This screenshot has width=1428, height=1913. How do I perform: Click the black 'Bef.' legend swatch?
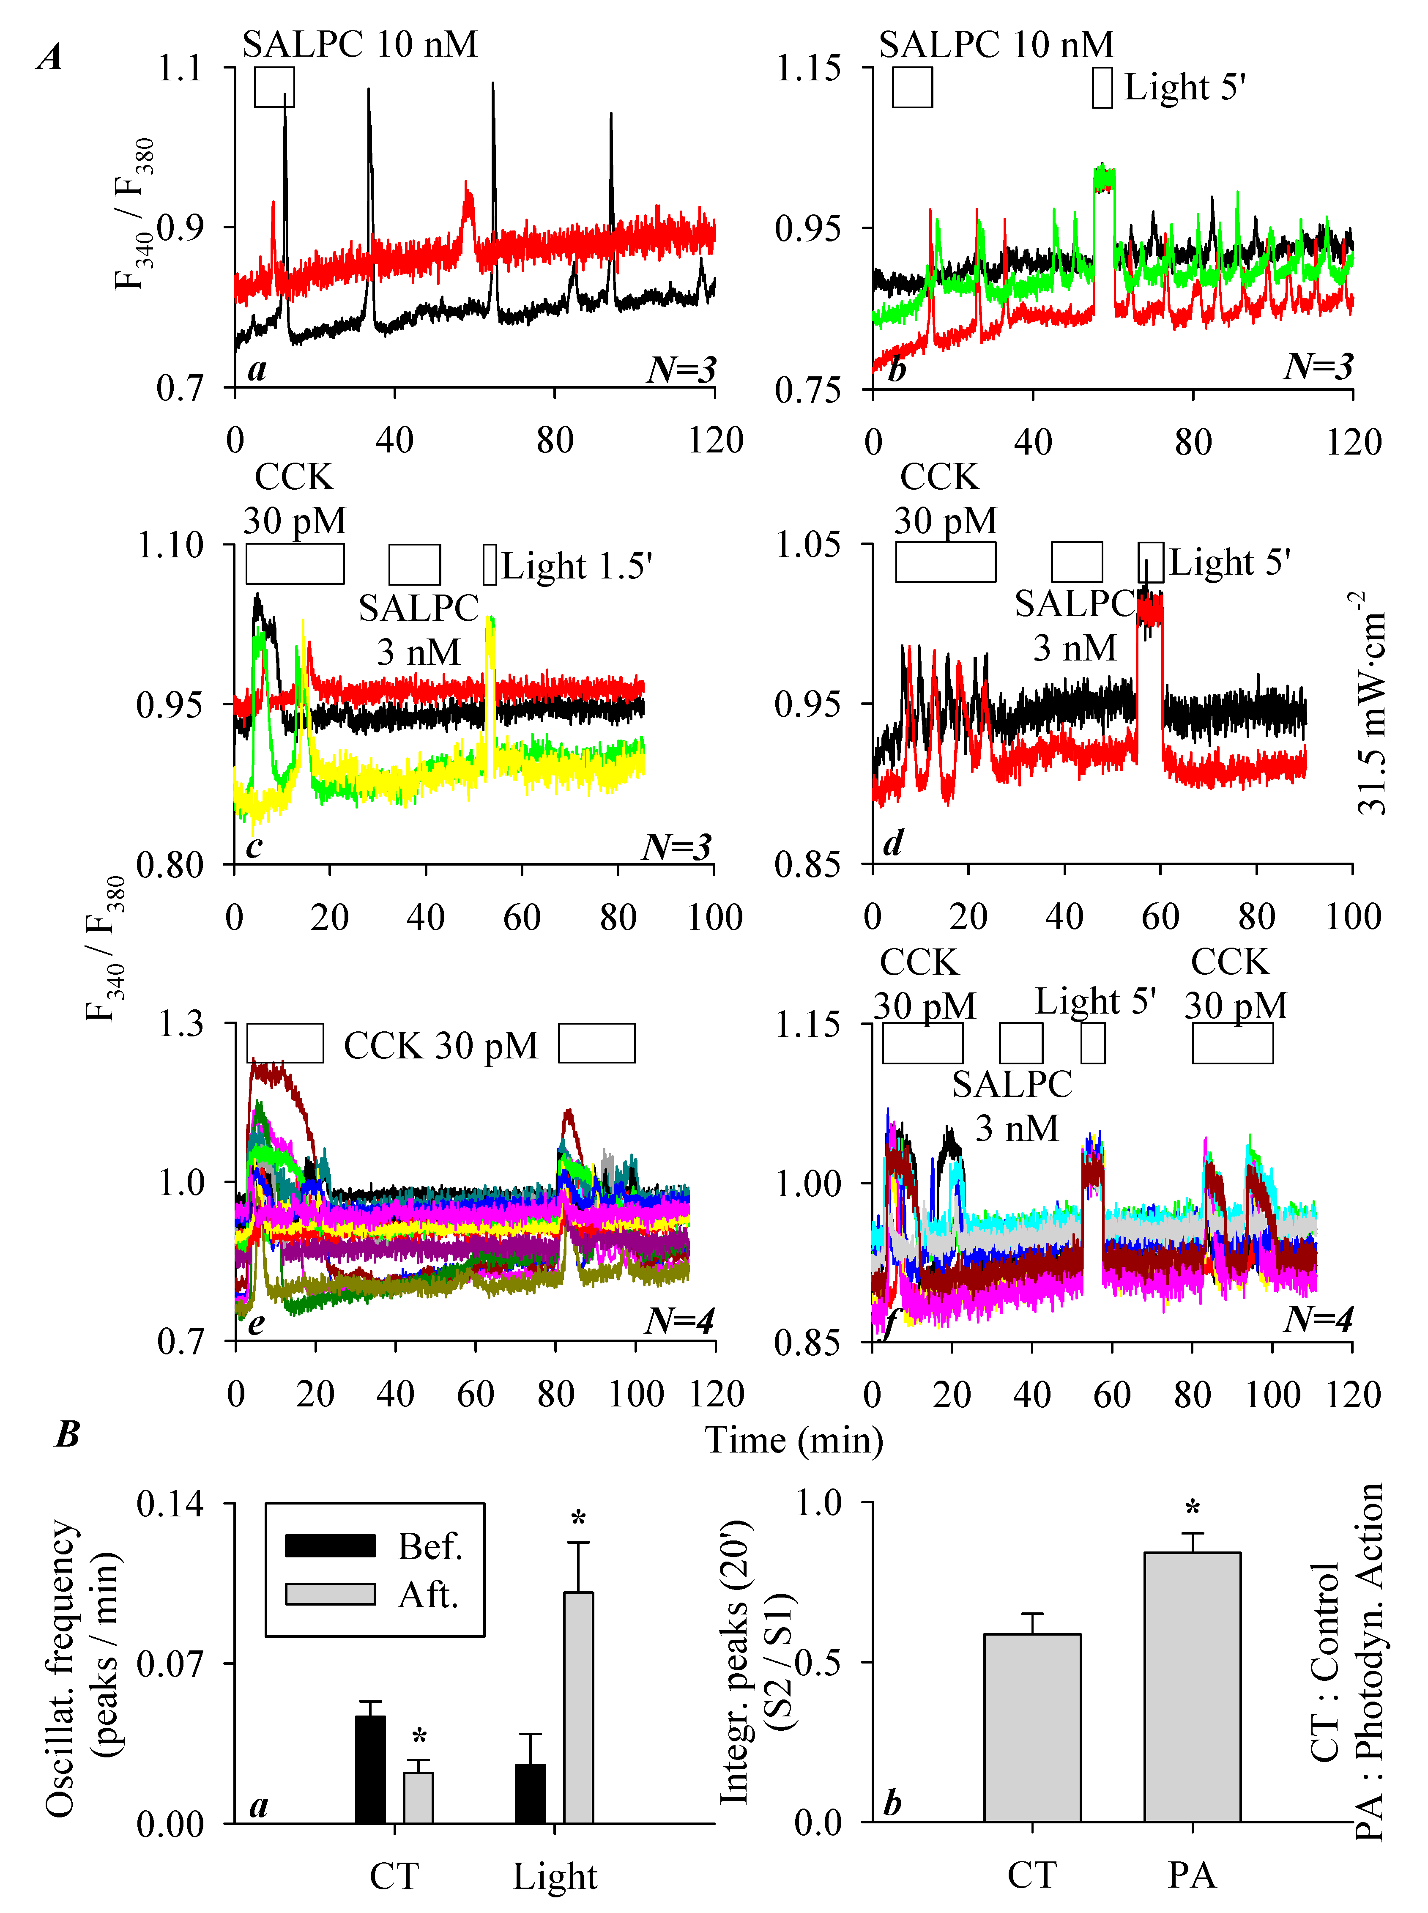pos(330,1546)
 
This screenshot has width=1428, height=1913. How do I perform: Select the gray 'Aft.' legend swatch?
pos(330,1593)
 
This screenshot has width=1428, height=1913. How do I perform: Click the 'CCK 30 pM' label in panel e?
pos(441,1046)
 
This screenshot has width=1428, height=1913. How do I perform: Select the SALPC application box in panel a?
pos(274,87)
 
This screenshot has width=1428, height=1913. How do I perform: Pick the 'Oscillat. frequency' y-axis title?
pos(60,1668)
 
